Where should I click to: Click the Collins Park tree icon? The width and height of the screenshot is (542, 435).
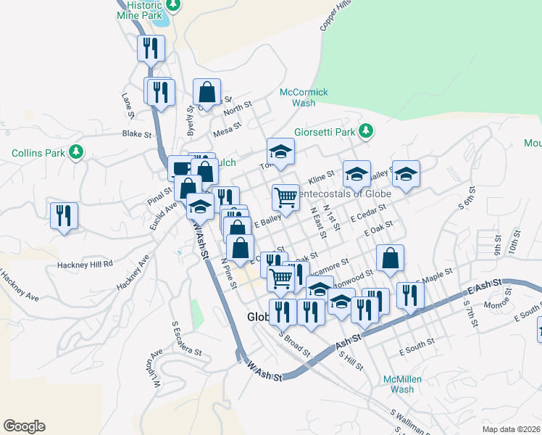[75, 153]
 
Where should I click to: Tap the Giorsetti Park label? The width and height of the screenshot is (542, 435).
[325, 133]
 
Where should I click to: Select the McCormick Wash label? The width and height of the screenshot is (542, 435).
[304, 98]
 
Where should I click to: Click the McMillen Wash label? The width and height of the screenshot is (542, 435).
[399, 384]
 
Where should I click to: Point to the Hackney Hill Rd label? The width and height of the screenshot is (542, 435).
[88, 264]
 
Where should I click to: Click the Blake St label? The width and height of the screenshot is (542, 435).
[136, 134]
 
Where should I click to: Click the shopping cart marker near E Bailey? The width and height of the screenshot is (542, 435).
[286, 196]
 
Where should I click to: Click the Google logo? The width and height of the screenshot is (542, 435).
[24, 426]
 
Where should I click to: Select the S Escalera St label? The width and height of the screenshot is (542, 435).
[188, 339]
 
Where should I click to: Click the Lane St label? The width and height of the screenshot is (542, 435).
[128, 105]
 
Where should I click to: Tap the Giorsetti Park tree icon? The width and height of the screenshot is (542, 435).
[367, 131]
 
